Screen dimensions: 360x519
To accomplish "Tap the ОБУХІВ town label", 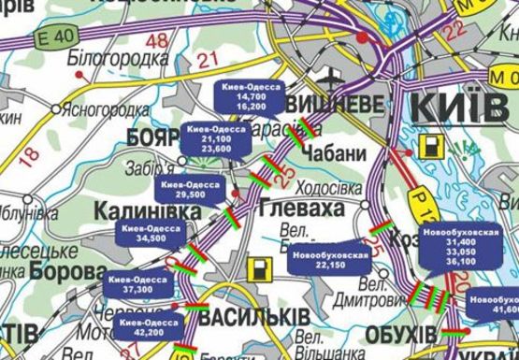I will click(x=401, y=335).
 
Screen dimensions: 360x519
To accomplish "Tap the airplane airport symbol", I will click(x=334, y=74).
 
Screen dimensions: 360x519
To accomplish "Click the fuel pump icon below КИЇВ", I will click(x=432, y=147).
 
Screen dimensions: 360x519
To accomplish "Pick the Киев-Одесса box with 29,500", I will click(x=188, y=191).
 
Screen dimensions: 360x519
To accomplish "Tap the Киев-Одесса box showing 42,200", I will click(x=150, y=327).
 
